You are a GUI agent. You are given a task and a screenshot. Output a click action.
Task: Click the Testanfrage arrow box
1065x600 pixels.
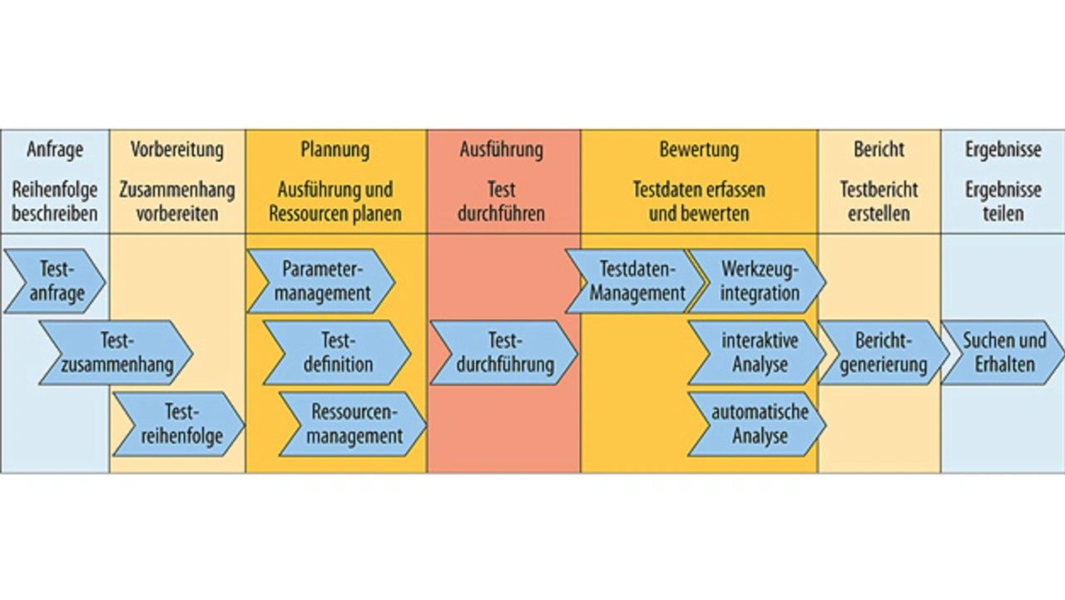click(x=55, y=281)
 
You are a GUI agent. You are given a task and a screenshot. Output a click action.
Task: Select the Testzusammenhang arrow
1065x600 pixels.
click(x=116, y=353)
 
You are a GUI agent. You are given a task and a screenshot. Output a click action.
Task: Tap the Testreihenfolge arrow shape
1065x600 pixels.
click(x=178, y=424)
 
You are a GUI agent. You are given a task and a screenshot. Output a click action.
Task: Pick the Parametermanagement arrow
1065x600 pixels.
click(x=321, y=281)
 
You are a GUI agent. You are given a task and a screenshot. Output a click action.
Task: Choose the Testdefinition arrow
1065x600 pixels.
click(x=337, y=353)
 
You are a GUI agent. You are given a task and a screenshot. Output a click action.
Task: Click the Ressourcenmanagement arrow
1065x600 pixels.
click(x=353, y=424)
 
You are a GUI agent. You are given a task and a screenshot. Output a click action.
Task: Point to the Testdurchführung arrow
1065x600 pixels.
click(x=503, y=353)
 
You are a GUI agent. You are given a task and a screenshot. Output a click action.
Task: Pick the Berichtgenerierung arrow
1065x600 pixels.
click(x=883, y=353)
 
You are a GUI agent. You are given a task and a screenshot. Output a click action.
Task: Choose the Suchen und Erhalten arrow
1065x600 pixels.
click(x=1003, y=353)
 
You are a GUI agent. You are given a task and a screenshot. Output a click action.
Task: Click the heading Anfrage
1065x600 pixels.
click(x=55, y=150)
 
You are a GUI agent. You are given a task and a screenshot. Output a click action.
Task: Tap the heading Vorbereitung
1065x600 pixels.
click(x=177, y=150)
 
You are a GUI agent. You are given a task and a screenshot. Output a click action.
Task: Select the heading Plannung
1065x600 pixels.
click(x=335, y=150)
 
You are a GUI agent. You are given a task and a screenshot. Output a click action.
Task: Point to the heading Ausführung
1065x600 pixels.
click(x=502, y=150)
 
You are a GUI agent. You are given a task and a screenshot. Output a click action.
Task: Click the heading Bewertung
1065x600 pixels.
click(x=699, y=150)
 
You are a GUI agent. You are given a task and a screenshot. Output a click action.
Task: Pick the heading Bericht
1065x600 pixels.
click(x=879, y=150)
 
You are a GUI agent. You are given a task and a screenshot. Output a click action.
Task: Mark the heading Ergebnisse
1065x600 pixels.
click(x=1003, y=150)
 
